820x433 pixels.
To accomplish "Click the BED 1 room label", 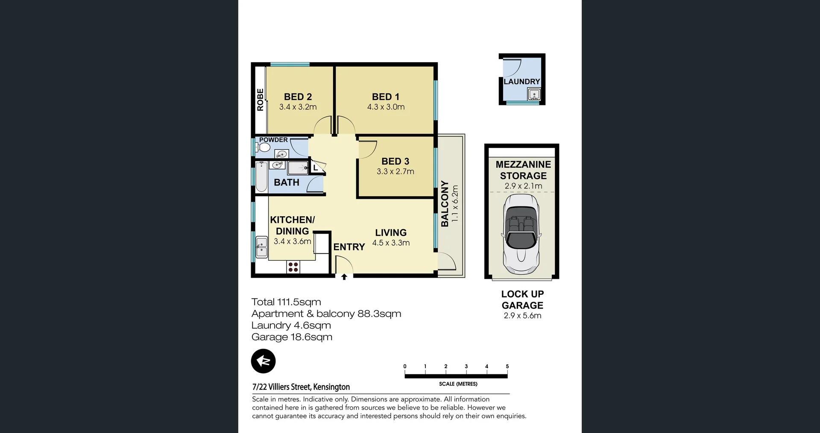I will [x=385, y=97].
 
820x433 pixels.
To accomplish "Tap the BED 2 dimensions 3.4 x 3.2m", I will [x=298, y=107].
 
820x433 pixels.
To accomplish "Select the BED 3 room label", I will [x=395, y=161].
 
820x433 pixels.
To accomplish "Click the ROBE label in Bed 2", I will [x=260, y=100].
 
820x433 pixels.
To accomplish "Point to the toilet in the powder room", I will [x=264, y=148].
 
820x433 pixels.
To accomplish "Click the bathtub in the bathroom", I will [x=261, y=177].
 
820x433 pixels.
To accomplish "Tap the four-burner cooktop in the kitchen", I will [x=293, y=267].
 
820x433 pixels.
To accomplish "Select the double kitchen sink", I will [x=261, y=247].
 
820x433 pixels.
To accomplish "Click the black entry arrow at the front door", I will [x=344, y=277].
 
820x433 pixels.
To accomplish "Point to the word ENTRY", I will [x=349, y=247].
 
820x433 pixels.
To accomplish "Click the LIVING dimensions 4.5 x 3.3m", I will [x=391, y=243].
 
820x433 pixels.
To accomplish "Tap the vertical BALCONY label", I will [x=445, y=203].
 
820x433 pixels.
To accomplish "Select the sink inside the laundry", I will [x=534, y=94].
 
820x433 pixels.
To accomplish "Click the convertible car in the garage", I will [x=521, y=235].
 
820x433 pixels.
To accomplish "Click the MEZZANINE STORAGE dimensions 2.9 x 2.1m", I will [x=523, y=186].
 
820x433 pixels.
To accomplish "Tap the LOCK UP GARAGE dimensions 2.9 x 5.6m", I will [x=522, y=316].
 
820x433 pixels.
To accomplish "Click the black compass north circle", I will [x=263, y=361].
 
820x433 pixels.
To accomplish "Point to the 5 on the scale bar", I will [x=507, y=366].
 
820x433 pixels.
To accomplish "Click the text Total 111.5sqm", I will [x=286, y=302].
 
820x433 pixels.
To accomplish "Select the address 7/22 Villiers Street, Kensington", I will [x=301, y=387].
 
